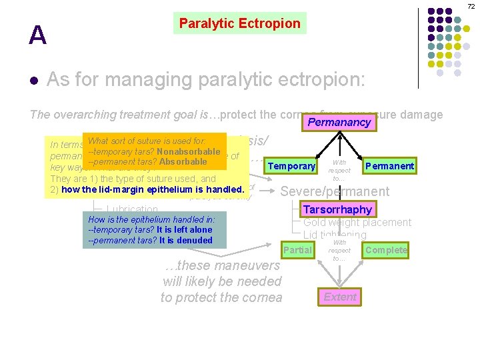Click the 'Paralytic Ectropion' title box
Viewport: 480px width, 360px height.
(239, 23)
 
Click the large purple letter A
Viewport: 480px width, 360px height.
(37, 35)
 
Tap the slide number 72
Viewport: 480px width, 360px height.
(470, 6)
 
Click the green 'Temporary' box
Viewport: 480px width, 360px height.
(291, 166)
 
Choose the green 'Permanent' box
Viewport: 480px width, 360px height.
(390, 166)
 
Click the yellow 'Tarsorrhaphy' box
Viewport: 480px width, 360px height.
(337, 209)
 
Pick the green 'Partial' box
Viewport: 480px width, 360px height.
(297, 250)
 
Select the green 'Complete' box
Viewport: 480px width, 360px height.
(386, 250)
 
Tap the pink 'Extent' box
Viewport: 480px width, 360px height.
(340, 297)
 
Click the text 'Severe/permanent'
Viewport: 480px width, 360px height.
(335, 191)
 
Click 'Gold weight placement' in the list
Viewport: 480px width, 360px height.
(357, 222)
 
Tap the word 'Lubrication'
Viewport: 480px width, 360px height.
(132, 210)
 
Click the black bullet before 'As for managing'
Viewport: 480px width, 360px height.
(34, 81)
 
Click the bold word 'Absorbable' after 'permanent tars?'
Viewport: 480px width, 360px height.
(183, 161)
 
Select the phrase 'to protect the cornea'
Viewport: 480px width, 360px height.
(221, 297)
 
